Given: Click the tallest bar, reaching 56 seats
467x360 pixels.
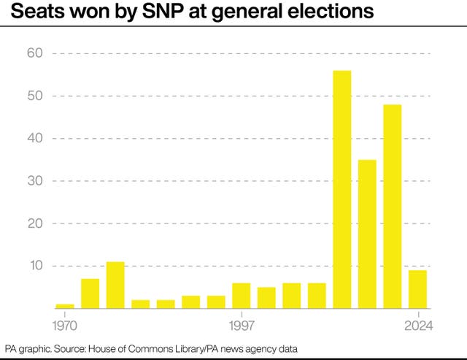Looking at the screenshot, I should point(341,189).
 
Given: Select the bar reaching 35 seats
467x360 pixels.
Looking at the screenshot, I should point(367,234).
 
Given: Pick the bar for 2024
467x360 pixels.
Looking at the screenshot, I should point(417,289).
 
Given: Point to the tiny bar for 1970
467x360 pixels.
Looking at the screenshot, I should point(65,306).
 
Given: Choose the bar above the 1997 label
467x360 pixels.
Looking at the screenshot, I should point(241,295).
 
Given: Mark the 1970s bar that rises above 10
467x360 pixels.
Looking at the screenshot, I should point(115,285).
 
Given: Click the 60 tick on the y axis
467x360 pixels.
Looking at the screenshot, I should point(36,53).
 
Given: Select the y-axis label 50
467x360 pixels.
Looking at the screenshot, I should point(36,96).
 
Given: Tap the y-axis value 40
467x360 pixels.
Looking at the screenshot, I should point(36,138).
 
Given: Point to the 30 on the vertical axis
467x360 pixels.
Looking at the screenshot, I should point(36,180).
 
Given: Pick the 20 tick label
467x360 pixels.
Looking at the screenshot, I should point(36,223).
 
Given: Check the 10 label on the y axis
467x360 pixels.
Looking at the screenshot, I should point(36,266).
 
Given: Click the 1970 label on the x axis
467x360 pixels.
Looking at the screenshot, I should point(65,323).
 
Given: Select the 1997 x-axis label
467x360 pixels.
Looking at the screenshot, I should point(241,323).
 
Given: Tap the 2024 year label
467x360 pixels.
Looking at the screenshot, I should point(417,323).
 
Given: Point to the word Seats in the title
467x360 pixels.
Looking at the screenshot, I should point(28,12).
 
